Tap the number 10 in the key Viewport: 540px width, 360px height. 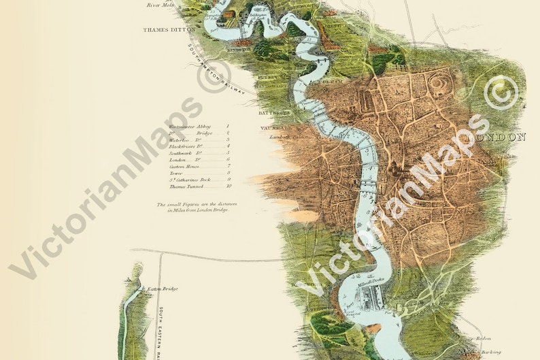point(229,186)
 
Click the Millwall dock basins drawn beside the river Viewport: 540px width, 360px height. point(371,299)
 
